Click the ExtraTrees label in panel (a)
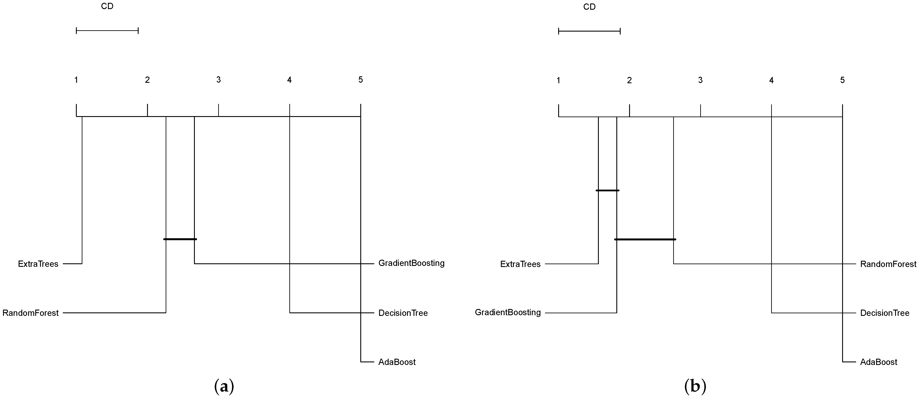pyautogui.click(x=38, y=264)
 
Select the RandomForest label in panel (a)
pyautogui.click(x=30, y=313)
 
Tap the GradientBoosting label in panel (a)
pyautogui.click(x=411, y=263)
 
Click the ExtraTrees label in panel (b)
pyautogui.click(x=520, y=264)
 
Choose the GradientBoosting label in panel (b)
pyautogui.click(x=508, y=312)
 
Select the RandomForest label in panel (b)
pyautogui.click(x=888, y=264)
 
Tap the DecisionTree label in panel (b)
pyautogui.click(x=885, y=313)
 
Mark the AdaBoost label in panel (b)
pyautogui.click(x=879, y=362)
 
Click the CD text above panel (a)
pyautogui.click(x=107, y=6)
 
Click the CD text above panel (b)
pyautogui.click(x=589, y=7)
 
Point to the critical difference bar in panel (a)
pyautogui.click(x=107, y=31)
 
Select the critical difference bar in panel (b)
pyautogui.click(x=589, y=31)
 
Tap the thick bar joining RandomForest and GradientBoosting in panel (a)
pyautogui.click(x=180, y=239)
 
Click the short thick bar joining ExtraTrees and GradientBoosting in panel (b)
pyautogui.click(x=607, y=190)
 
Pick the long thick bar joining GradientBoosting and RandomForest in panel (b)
pyautogui.click(x=645, y=239)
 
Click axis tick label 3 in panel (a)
pyautogui.click(x=219, y=80)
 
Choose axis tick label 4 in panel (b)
pyautogui.click(x=771, y=80)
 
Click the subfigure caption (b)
pyautogui.click(x=695, y=387)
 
